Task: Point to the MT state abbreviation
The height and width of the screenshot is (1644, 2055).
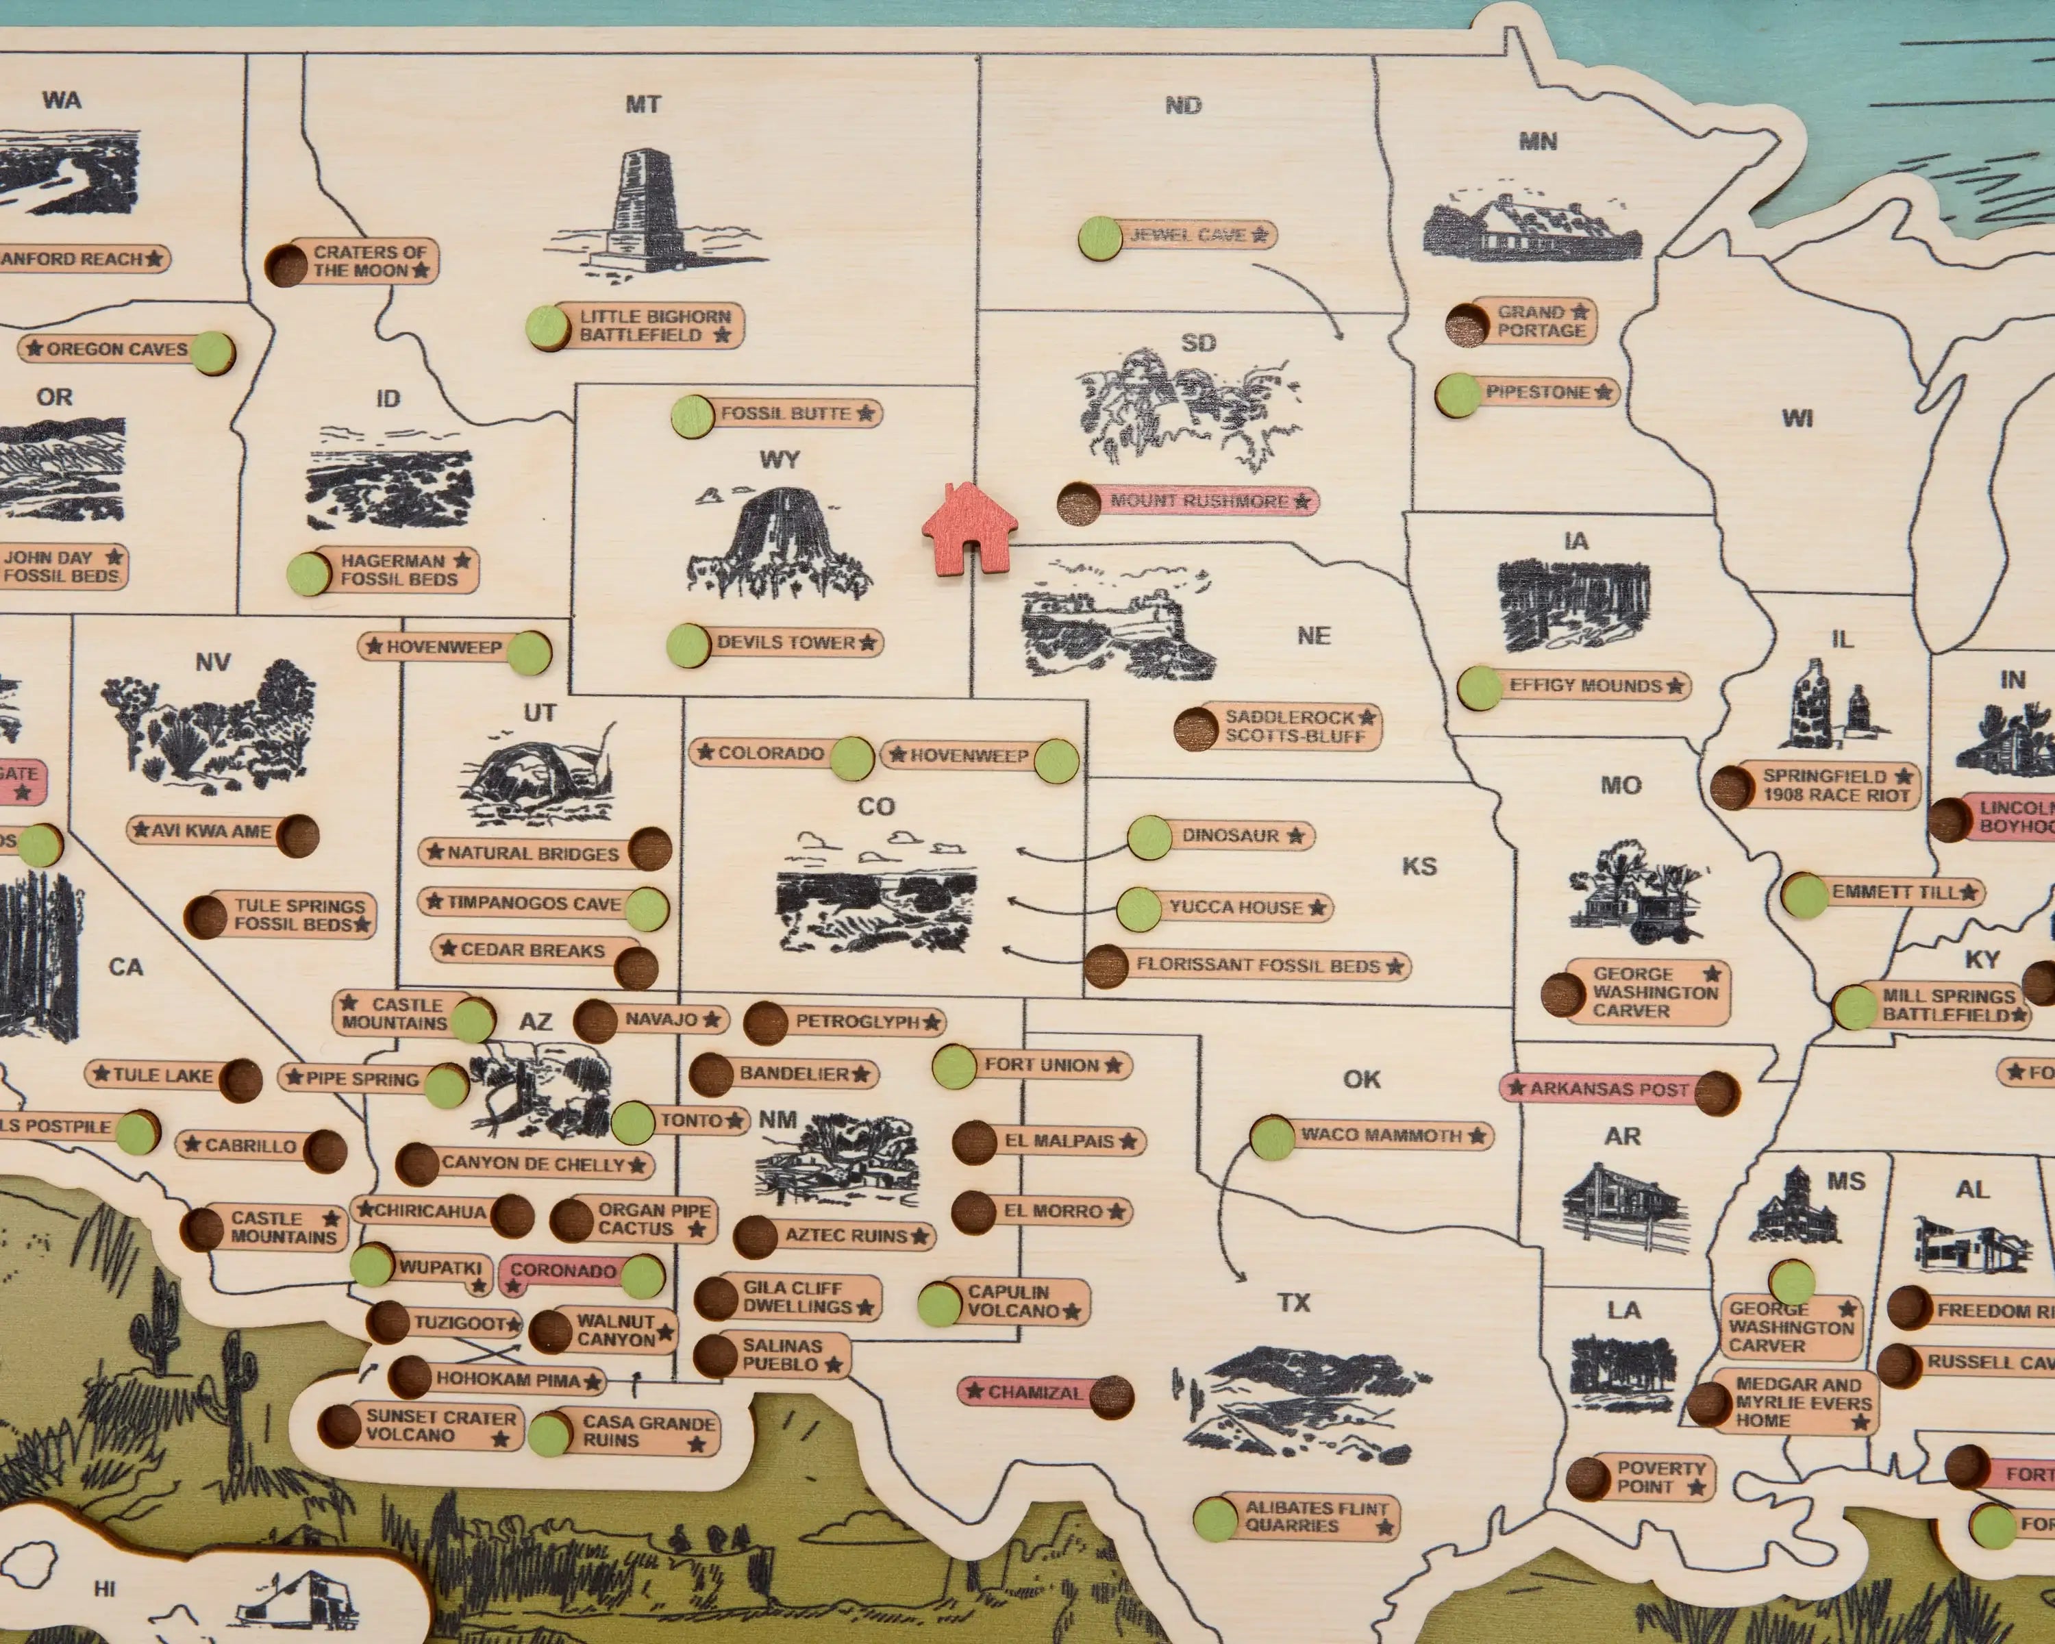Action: [x=643, y=104]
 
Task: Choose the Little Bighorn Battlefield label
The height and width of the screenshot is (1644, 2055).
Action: [x=656, y=326]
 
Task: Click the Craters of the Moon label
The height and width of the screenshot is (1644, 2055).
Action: [x=370, y=261]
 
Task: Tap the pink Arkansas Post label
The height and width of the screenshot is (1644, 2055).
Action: [x=1609, y=1088]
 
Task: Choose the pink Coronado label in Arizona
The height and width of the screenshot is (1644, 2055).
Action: [x=562, y=1271]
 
